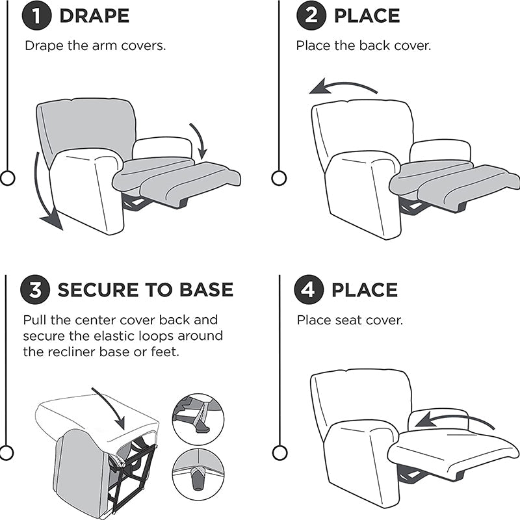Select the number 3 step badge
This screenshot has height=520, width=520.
36,289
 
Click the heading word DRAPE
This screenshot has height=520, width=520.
94,16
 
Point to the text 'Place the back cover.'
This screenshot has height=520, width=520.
363,45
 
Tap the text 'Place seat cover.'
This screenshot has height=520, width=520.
350,320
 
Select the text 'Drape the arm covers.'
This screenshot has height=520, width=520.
100,45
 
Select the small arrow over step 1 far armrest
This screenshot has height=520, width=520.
200,140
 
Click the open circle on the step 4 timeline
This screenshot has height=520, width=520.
280,452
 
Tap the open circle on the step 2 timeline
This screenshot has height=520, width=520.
279,177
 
